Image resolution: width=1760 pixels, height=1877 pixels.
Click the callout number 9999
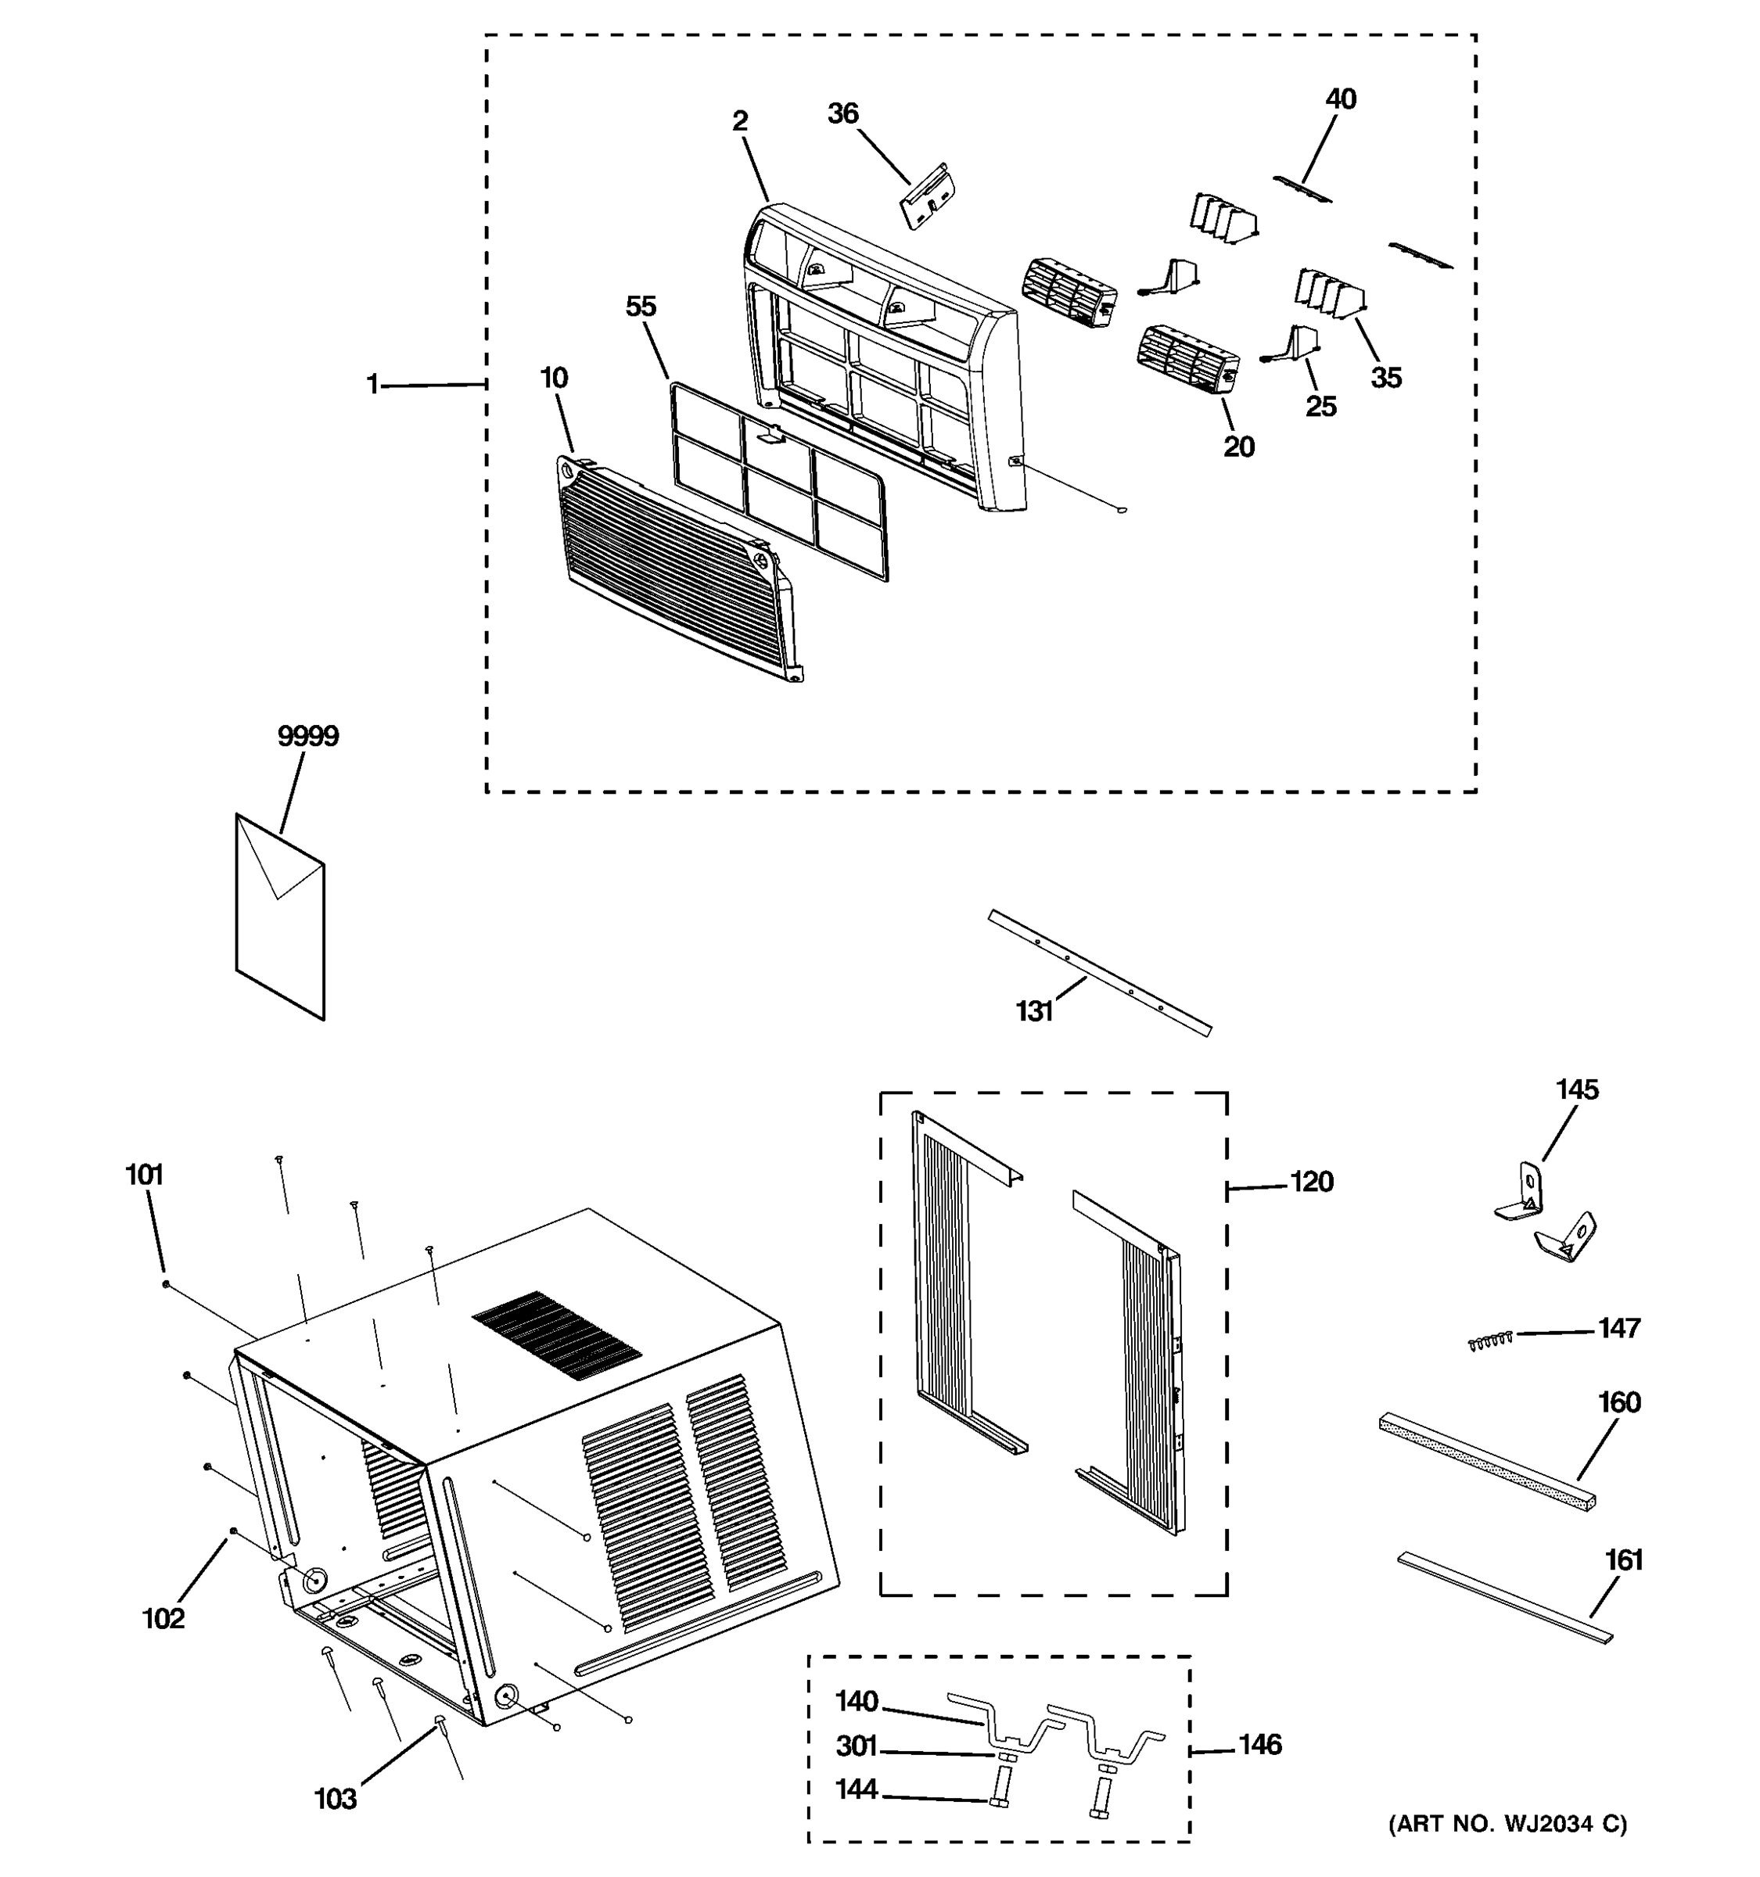point(308,737)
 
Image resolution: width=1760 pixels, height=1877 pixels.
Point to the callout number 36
point(842,114)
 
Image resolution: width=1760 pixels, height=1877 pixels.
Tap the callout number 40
point(1341,99)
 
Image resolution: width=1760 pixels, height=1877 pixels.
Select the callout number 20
point(1239,447)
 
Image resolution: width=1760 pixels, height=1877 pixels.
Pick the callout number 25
point(1321,406)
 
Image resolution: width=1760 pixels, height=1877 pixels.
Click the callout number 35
point(1386,378)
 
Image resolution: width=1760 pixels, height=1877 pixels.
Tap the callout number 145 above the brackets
point(1577,1089)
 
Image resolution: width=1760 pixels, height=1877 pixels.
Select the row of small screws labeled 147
point(1491,1340)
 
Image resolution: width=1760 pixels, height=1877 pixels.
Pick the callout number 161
point(1624,1561)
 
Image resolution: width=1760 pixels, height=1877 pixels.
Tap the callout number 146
point(1259,1745)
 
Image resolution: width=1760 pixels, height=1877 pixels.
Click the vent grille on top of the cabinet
point(557,1335)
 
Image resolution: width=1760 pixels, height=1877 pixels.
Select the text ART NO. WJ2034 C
point(1508,1824)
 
